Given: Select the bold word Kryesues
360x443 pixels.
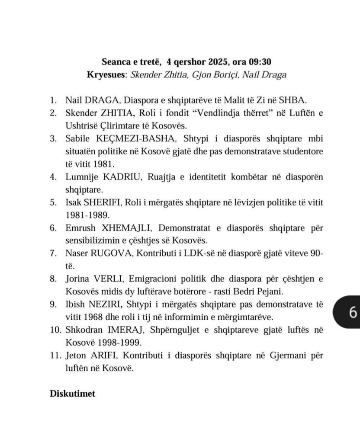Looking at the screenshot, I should [106, 74].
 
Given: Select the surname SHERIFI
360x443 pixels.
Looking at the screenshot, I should [103, 203].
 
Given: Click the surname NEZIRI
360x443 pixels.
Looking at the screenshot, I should [104, 305].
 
